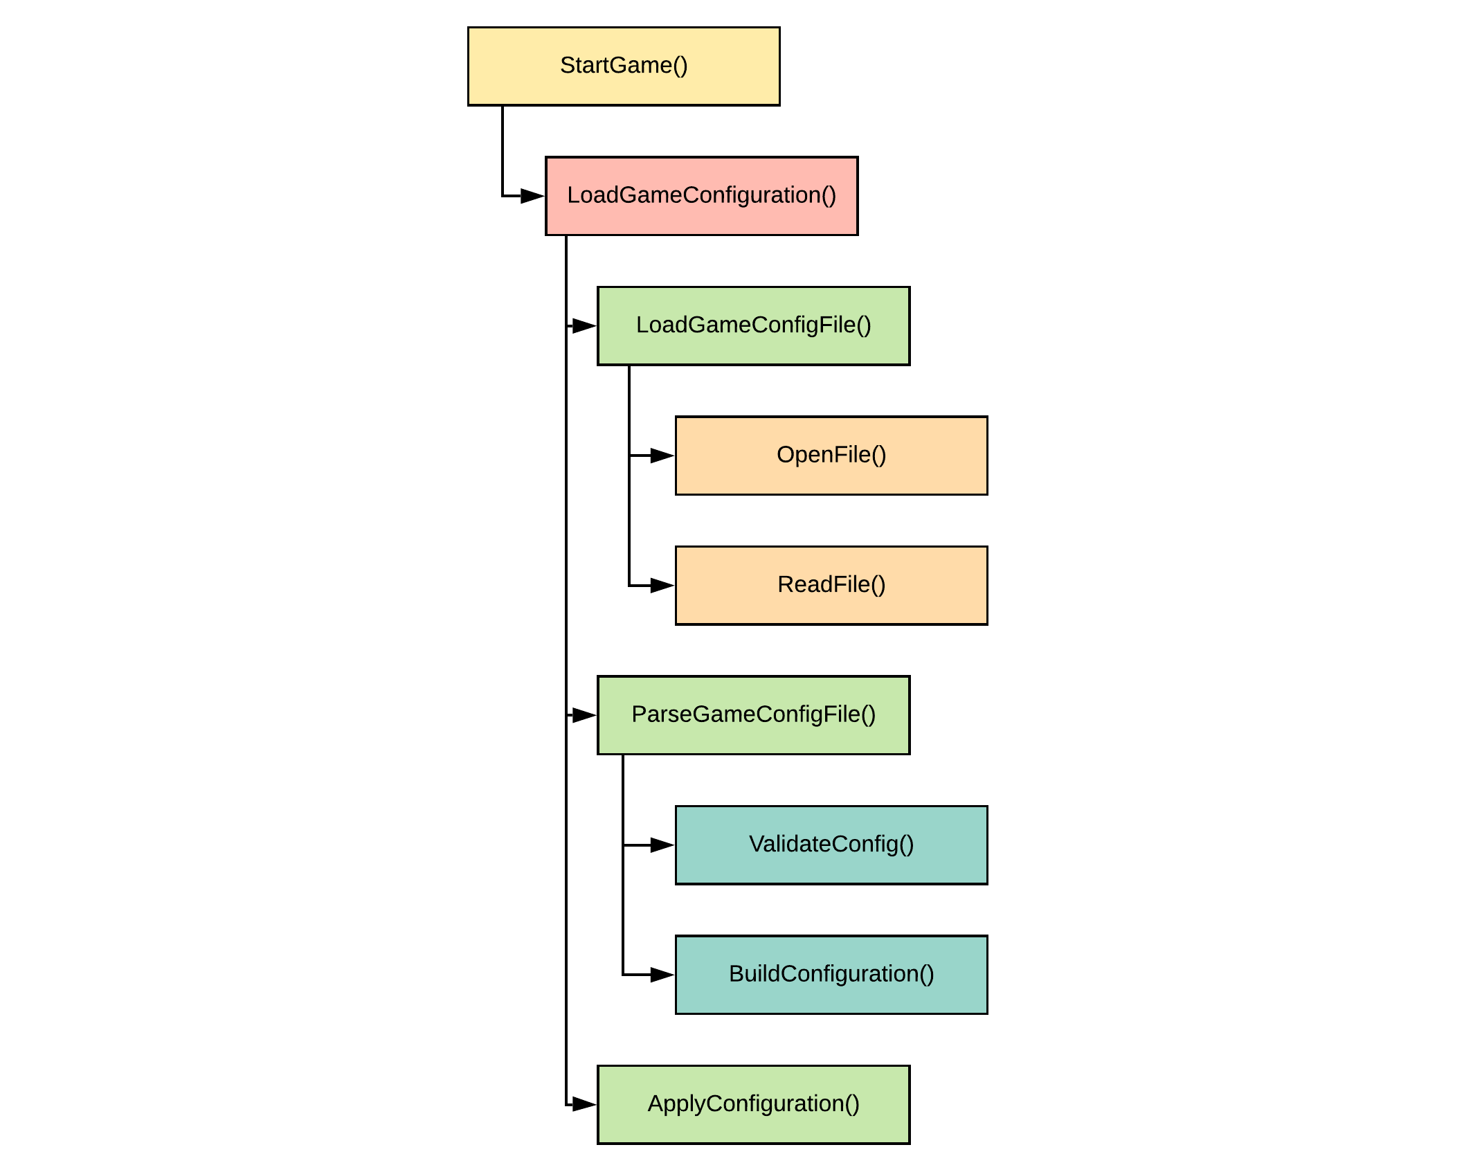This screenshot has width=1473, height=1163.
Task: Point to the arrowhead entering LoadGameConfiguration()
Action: point(532,196)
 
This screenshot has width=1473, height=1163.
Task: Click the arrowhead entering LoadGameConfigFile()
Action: point(584,325)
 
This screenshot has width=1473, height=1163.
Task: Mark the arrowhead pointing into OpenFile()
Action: point(662,456)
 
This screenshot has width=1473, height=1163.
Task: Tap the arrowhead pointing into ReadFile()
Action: point(662,586)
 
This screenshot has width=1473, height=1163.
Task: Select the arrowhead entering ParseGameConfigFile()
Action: point(584,715)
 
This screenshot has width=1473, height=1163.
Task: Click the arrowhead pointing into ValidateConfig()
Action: point(662,845)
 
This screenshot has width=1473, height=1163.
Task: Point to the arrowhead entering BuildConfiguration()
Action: point(662,975)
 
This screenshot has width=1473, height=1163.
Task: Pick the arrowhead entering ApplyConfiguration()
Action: point(584,1104)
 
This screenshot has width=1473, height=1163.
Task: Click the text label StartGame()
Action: point(624,65)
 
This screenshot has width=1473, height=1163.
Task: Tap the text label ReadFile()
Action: point(831,584)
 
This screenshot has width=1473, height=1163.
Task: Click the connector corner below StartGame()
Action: point(503,196)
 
